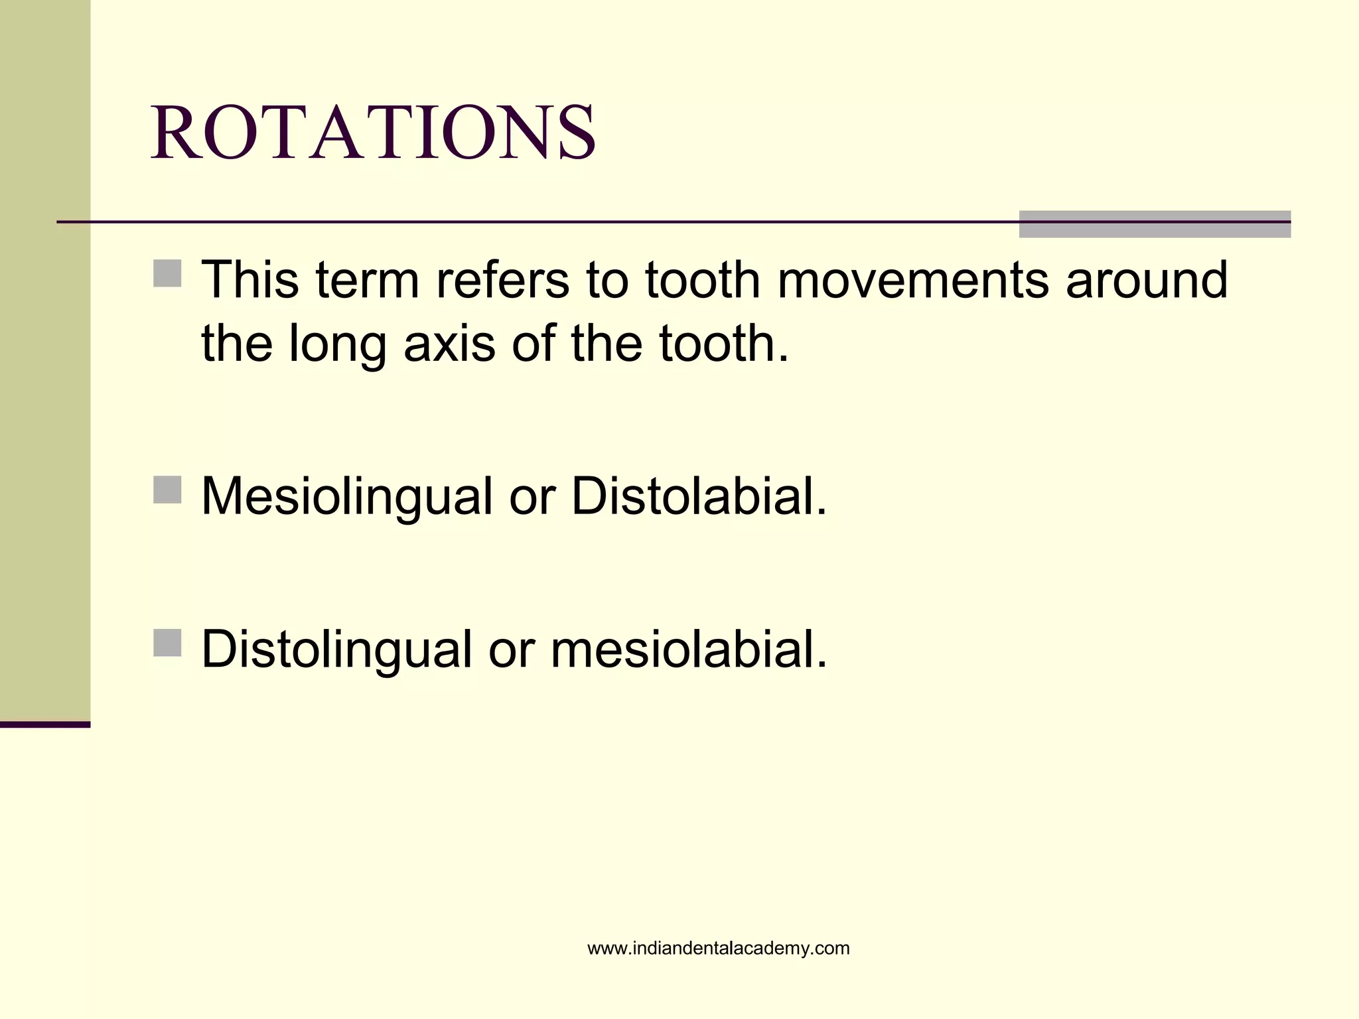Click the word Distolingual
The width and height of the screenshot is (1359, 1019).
336,649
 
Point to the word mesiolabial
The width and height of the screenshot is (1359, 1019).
689,649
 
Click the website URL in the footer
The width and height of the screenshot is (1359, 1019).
718,948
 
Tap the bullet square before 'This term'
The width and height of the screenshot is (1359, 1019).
167,273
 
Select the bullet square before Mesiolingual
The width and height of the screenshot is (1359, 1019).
167,490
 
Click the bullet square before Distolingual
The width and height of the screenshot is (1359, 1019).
167,643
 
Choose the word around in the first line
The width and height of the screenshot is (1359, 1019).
1147,280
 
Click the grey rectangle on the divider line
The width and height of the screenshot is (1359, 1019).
1154,224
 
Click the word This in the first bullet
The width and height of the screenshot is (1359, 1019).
250,280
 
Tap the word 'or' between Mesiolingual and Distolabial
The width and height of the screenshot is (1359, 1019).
532,498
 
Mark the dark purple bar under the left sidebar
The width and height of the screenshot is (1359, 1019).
45,724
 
